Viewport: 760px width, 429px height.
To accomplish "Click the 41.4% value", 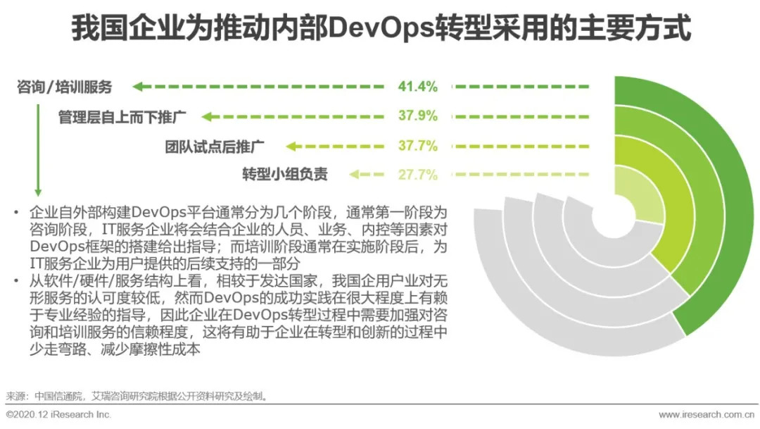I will coord(418,87).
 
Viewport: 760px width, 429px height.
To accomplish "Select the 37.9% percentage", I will coord(418,116).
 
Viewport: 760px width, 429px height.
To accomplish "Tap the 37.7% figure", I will coord(418,146).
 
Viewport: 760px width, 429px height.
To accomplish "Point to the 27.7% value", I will coord(418,175).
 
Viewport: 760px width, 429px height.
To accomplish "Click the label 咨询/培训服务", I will coord(65,87).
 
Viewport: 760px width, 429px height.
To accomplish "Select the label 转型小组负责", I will coord(285,175).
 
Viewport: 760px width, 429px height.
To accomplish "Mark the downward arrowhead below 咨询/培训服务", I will coord(39,192).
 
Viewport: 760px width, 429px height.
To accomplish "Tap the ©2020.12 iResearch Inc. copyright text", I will coord(59,415).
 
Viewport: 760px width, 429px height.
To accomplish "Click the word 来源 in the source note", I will coord(15,396).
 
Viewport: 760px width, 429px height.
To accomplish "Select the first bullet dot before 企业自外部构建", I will coord(16,212).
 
